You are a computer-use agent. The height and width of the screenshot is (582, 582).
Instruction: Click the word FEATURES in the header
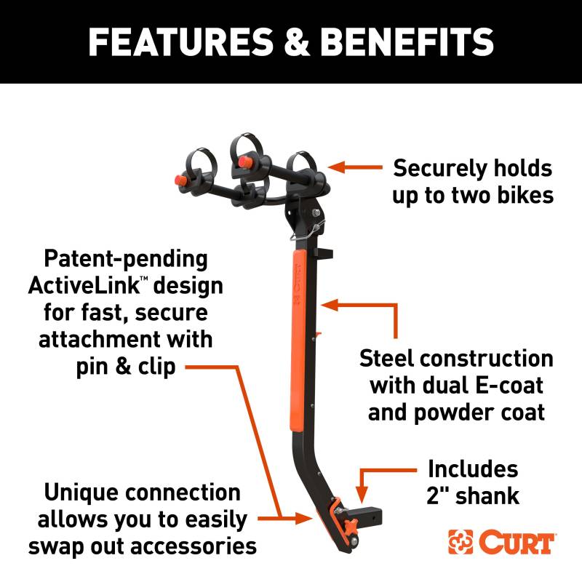click(180, 41)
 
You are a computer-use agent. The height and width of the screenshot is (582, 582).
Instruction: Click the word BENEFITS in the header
click(407, 41)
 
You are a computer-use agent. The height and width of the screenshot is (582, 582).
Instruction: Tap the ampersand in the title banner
click(296, 41)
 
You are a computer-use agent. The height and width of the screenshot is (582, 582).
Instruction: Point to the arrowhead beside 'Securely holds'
click(337, 167)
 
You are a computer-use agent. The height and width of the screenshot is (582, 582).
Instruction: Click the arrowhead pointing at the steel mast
click(330, 305)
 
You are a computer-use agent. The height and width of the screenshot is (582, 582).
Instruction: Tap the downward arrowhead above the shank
click(361, 495)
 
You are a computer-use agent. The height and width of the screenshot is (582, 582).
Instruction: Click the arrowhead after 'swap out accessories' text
click(304, 518)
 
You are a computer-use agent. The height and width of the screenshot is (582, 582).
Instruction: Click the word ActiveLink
click(84, 286)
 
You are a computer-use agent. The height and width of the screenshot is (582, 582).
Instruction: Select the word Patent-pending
click(126, 259)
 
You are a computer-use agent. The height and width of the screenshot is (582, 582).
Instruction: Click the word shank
click(487, 495)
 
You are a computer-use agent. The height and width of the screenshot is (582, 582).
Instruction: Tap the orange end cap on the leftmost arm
click(181, 180)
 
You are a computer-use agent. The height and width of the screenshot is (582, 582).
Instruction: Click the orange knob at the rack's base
click(351, 526)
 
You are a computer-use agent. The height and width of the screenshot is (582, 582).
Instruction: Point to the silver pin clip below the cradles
click(306, 231)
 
